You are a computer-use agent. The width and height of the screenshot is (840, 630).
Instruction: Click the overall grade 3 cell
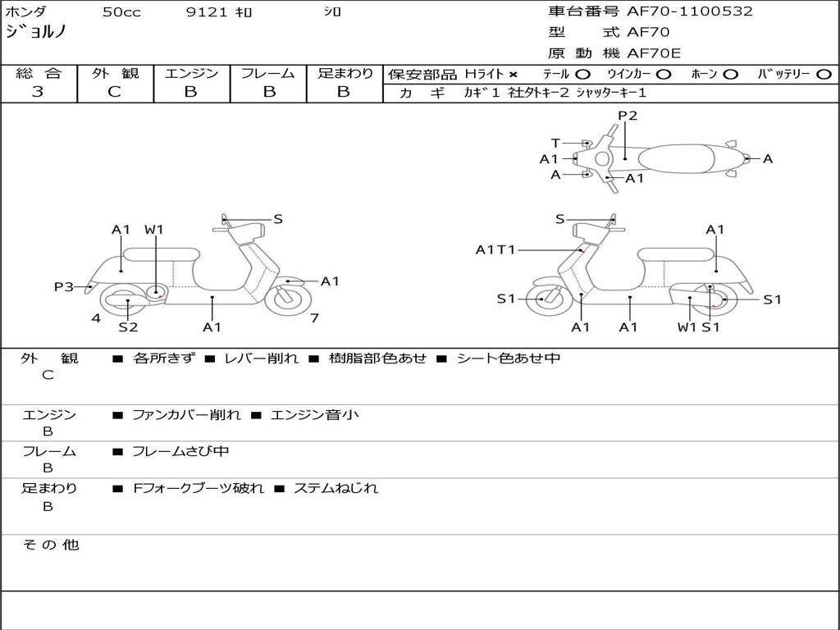38,92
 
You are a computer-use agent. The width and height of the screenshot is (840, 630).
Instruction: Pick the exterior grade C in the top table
115,92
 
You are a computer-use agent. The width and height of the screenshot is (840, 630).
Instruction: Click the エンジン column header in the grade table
191,73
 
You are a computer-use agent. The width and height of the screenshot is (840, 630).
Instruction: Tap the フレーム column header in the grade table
267,73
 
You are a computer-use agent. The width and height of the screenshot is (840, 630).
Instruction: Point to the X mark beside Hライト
514,74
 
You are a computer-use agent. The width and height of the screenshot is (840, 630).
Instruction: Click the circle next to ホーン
731,74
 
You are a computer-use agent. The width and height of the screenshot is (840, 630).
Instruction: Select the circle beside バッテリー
824,74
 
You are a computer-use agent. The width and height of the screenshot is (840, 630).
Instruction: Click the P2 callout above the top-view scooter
628,116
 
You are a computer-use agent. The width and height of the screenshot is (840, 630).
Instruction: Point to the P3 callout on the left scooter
64,286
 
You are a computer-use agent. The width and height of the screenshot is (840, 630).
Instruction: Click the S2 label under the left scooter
128,327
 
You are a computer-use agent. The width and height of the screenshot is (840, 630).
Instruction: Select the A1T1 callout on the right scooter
496,249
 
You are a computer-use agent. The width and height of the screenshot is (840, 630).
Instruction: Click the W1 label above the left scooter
154,230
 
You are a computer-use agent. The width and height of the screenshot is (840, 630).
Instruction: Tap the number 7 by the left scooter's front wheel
314,317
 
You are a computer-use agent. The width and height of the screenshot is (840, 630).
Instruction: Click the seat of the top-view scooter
681,158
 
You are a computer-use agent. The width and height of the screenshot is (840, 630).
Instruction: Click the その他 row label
50,545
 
